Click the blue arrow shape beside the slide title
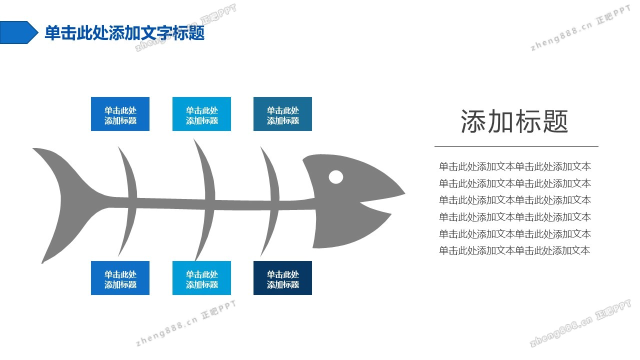tap(17, 32)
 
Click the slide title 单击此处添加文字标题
tap(124, 33)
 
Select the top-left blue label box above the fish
tap(120, 114)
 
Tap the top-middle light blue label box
tap(201, 114)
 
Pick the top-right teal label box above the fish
tap(283, 114)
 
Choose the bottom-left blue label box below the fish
tap(120, 278)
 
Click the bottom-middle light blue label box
tap(201, 278)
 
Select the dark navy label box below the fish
tap(283, 278)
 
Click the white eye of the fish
tap(336, 177)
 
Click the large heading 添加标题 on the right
tap(514, 121)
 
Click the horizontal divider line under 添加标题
tap(516, 146)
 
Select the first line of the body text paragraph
tap(515, 166)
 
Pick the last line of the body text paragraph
tap(515, 250)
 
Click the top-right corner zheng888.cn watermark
tap(580, 28)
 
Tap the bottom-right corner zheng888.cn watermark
tap(580, 323)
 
